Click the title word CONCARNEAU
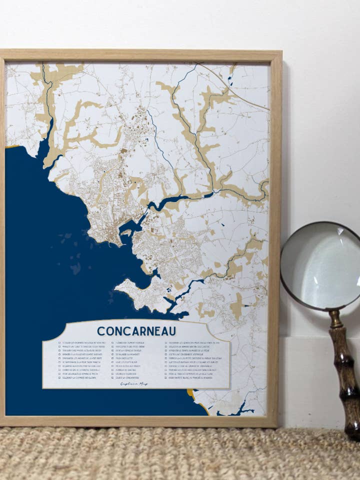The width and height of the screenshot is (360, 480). point(136,331)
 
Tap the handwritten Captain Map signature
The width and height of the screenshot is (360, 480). point(134,383)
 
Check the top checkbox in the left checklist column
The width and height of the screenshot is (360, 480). point(59,343)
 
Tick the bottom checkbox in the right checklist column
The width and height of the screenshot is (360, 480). point(165,377)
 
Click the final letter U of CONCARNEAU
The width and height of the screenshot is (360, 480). point(172,331)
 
